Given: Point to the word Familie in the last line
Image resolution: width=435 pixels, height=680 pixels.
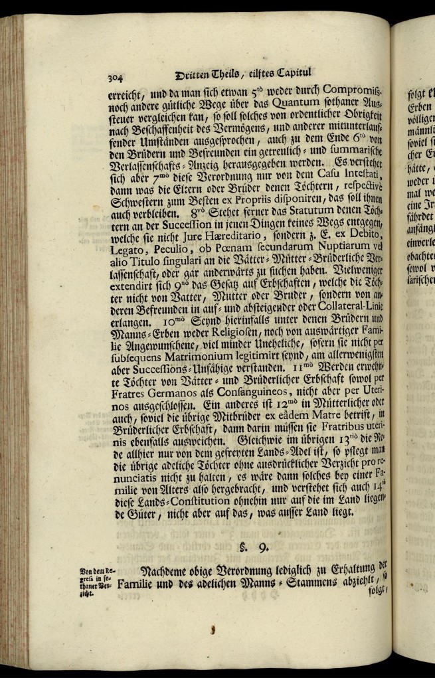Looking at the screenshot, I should pos(140,586).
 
